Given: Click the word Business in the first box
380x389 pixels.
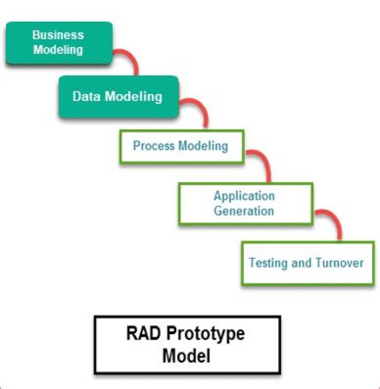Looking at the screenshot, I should tap(58, 35).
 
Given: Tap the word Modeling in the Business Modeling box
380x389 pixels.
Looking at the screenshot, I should tap(58, 50).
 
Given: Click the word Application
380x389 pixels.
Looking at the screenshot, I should tap(244, 196).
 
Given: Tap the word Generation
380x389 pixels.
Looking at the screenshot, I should tap(244, 211).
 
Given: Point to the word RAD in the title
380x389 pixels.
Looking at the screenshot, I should tap(141, 334).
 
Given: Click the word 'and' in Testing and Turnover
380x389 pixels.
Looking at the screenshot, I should tap(301, 262).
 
